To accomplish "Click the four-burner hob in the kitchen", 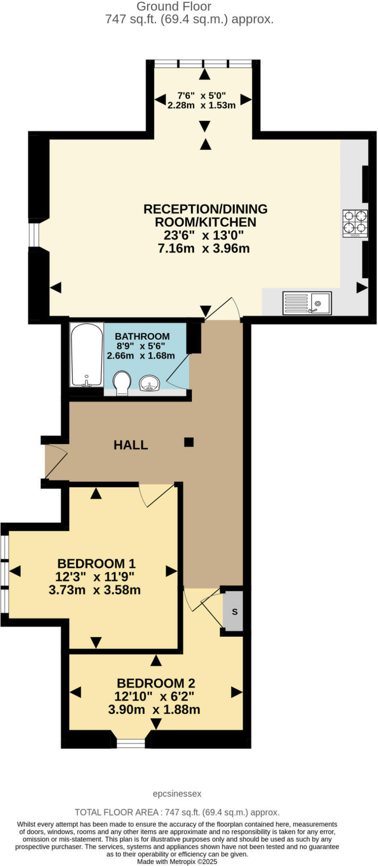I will click(x=355, y=223).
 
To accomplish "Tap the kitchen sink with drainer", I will click(x=307, y=303).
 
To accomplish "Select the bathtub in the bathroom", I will click(x=87, y=355).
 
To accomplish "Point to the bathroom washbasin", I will click(x=150, y=383).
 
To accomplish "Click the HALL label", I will click(x=131, y=445).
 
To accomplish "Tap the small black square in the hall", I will click(x=189, y=442).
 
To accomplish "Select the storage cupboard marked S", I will click(x=234, y=612).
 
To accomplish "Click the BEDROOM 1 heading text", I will click(x=96, y=563).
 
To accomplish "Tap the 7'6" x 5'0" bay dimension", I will click(x=201, y=95).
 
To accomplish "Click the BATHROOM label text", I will click(x=142, y=337).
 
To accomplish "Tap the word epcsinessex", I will click(x=177, y=794).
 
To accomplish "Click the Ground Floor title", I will click(x=174, y=6).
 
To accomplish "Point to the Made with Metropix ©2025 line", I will click(x=177, y=861).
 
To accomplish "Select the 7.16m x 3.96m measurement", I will click(x=204, y=248).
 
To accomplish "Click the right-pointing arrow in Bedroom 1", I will click(x=171, y=571).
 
